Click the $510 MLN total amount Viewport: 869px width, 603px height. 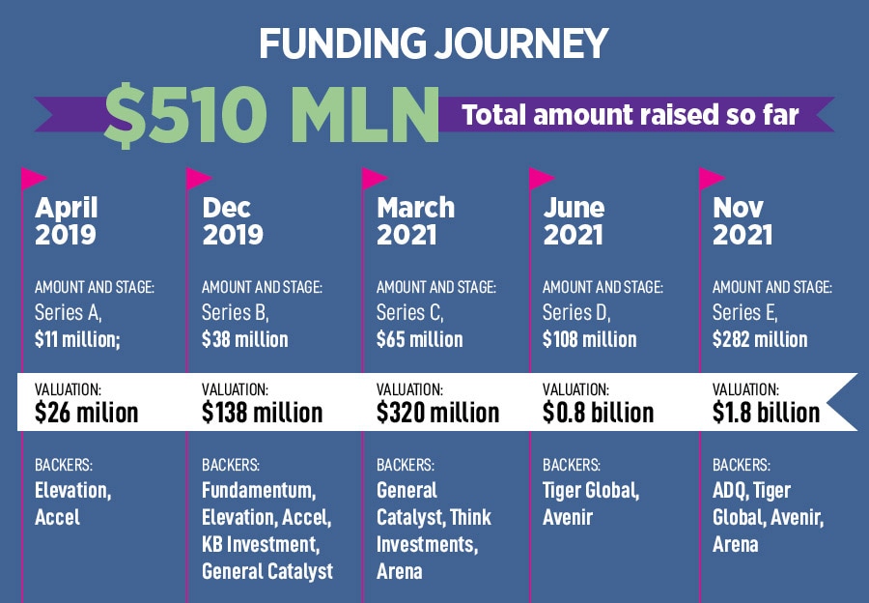tap(270, 113)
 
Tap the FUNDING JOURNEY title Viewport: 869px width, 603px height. tap(434, 43)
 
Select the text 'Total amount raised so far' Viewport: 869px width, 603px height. tap(631, 114)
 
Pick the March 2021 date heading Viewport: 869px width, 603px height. tap(415, 220)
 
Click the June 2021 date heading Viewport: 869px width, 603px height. tap(574, 220)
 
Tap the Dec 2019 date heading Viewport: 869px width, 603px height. tap(233, 220)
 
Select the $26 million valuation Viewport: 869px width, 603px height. tap(86, 413)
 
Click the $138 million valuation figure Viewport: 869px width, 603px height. tap(262, 413)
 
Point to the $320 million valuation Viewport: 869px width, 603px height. tap(437, 413)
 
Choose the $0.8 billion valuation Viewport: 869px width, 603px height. tap(598, 413)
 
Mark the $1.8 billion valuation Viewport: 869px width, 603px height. tap(766, 413)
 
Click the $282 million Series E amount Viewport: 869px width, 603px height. tap(760, 339)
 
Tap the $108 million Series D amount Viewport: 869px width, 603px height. tap(589, 339)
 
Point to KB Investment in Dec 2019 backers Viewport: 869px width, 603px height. tap(259, 544)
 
